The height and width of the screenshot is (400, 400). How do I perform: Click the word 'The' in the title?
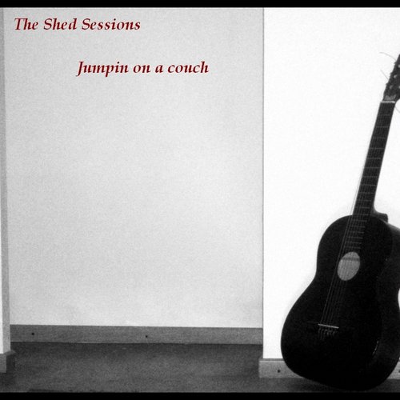pos(26,24)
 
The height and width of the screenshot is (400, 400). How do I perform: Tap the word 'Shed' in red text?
pos(60,24)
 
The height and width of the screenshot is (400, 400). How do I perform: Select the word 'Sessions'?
pos(110,24)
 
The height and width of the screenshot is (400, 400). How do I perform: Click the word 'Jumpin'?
pos(102,68)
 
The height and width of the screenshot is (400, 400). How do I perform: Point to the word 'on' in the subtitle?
pos(142,69)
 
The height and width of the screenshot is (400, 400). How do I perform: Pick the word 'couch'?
pos(188,67)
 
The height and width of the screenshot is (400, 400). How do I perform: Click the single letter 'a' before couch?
pos(159,69)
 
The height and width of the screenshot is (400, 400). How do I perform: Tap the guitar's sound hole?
pos(349,266)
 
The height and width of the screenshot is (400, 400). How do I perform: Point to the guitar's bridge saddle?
pos(328,326)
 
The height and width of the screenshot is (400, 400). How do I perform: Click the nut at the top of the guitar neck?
pos(389,102)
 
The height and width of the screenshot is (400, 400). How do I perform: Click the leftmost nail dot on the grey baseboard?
pos(33,334)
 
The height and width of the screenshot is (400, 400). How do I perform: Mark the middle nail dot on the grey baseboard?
pos(146,336)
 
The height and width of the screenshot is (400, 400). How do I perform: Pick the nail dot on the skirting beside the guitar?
pos(278,370)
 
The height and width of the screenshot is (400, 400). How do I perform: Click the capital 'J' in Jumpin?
pos(82,69)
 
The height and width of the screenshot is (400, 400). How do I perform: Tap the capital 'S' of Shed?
pos(49,24)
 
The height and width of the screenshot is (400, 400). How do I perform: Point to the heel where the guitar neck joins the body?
pos(381,215)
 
